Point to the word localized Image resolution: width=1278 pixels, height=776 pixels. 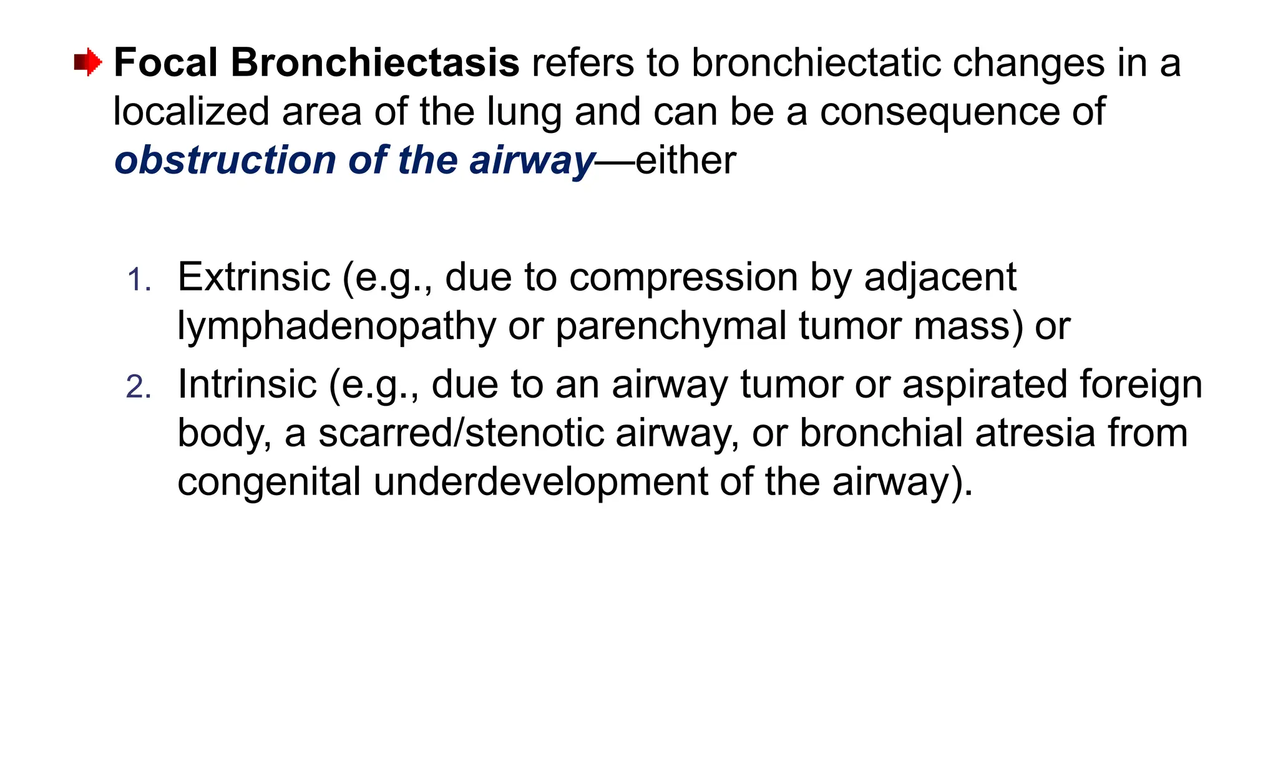coord(191,112)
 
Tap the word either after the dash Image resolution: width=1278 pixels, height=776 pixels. coord(686,160)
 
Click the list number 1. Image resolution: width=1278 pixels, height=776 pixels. coord(139,280)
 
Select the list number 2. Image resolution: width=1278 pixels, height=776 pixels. coord(139,388)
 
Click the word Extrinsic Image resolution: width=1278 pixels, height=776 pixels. coord(253,277)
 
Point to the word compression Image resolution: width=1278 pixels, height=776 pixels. coord(683,277)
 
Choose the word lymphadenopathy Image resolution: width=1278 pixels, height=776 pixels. coord(336,326)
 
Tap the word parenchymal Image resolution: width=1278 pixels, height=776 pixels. coord(671,326)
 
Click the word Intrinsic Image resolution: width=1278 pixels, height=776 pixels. coord(246,385)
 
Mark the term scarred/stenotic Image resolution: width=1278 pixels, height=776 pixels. coord(461,433)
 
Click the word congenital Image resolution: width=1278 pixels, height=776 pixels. coord(269,482)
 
